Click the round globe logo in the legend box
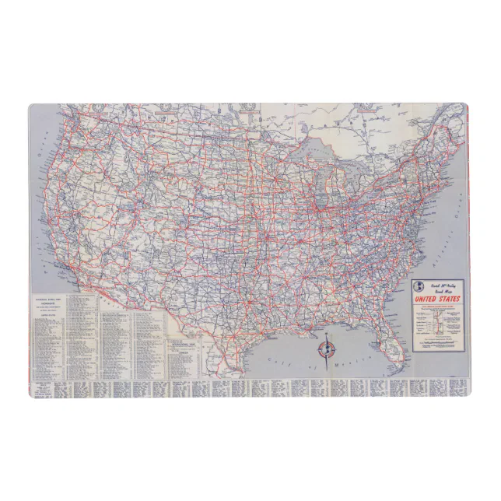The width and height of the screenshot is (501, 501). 421,287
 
